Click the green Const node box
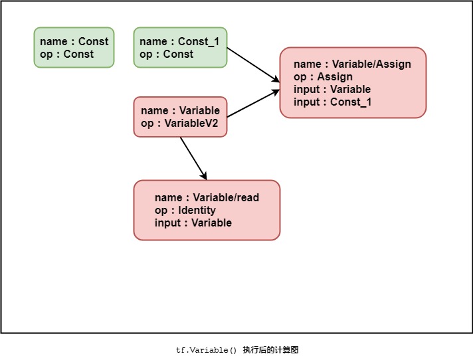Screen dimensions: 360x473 click(74, 47)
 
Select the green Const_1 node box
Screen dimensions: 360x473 click(180, 47)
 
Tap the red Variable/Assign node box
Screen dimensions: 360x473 click(353, 82)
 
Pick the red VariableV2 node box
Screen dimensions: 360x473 click(180, 117)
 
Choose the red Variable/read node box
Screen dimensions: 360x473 click(207, 210)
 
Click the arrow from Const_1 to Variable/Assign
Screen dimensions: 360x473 click(253, 65)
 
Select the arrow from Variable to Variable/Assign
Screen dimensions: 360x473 click(253, 103)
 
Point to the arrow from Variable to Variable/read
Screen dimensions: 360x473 click(193, 158)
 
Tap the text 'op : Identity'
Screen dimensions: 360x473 click(185, 211)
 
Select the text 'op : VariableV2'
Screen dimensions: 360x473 click(179, 123)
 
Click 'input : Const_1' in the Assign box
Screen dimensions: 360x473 click(332, 102)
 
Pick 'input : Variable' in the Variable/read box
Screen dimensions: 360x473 click(193, 223)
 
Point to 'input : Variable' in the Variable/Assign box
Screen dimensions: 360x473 click(332, 90)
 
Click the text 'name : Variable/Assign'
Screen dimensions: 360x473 click(352, 64)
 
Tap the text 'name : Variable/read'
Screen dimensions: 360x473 click(207, 198)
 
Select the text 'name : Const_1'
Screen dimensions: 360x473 click(179, 42)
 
